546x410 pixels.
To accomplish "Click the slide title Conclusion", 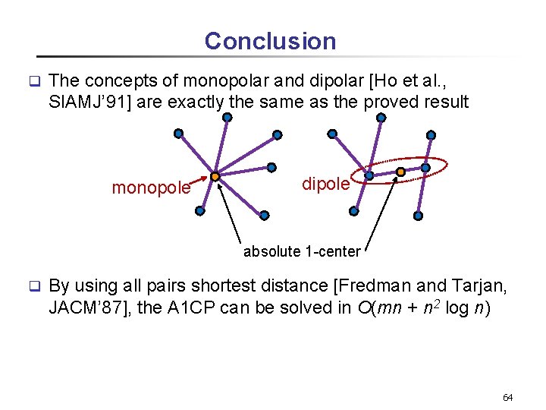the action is (270, 41).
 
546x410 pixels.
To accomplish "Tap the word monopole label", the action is (151, 188).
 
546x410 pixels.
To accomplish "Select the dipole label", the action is (325, 183).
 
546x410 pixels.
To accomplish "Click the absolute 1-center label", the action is (302, 252).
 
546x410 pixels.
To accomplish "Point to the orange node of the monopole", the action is (215, 176).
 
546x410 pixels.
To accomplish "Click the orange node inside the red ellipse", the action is (400, 172).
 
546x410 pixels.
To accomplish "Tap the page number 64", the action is (508, 398).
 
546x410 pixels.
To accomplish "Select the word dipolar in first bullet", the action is (328, 80).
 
